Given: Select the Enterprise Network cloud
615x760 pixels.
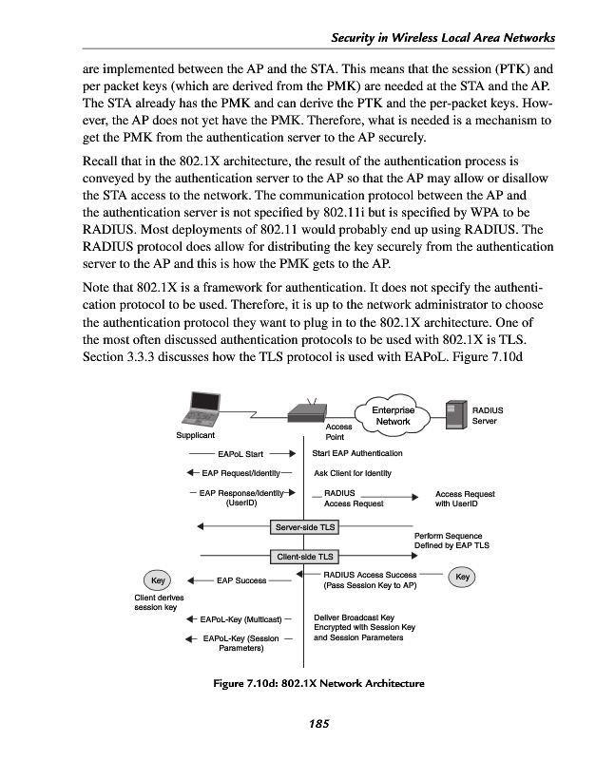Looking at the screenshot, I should [x=393, y=415].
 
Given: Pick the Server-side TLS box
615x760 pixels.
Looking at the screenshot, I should [x=304, y=525].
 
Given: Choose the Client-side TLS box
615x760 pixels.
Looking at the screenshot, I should [x=304, y=556].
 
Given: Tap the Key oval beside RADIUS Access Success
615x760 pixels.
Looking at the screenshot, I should [x=463, y=576].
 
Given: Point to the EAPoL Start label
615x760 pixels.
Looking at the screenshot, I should [x=240, y=454].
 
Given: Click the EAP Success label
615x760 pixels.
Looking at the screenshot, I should [x=241, y=579].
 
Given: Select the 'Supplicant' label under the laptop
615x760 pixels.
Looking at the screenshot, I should [x=195, y=436].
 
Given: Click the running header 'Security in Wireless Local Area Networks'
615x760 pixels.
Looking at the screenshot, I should [x=442, y=37].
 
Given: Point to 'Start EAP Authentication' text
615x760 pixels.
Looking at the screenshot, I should [x=357, y=453].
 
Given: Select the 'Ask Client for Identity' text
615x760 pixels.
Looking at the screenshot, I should [x=352, y=473].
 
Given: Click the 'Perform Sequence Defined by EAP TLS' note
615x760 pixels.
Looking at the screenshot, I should [x=452, y=541].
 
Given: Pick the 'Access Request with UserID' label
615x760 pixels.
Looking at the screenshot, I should [x=465, y=499].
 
